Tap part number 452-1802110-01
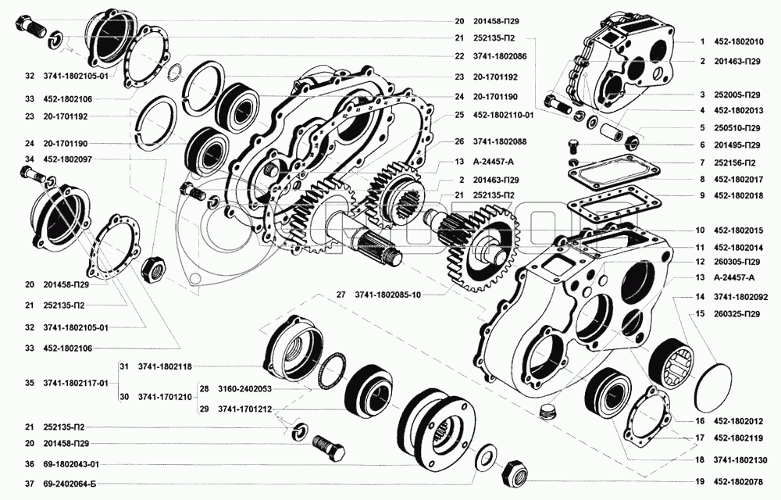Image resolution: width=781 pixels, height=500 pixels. [x=503, y=114]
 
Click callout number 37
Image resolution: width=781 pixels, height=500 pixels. [x=29, y=484]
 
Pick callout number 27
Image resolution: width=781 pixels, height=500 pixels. [x=341, y=295]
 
